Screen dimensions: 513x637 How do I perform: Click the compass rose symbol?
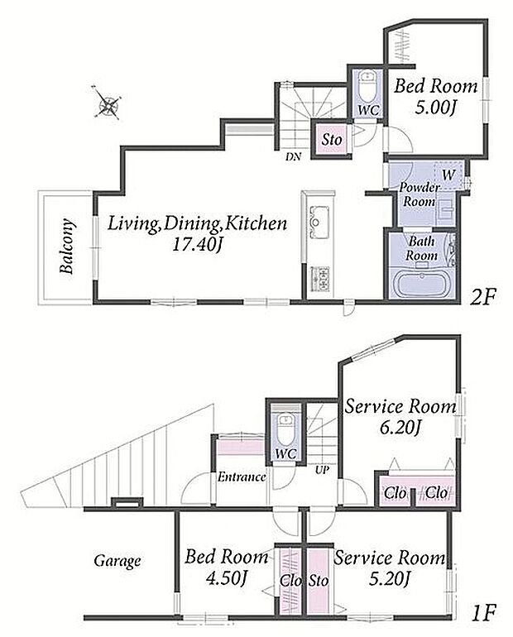(x=107, y=102)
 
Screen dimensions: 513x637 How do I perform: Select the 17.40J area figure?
(x=197, y=245)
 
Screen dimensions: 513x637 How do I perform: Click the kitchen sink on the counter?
(x=319, y=223)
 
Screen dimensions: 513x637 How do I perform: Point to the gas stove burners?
(x=320, y=279)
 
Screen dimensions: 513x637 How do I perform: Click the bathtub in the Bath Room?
(x=423, y=284)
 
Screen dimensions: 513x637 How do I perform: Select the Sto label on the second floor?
(x=332, y=140)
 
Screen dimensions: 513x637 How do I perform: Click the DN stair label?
(x=293, y=156)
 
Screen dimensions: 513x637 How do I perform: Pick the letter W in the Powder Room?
(x=448, y=175)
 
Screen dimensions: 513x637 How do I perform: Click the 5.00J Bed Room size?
(x=435, y=108)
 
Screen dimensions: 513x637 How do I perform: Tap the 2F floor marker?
(x=483, y=297)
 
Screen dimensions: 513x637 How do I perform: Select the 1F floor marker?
(x=484, y=613)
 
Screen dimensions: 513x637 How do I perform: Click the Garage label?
(x=117, y=561)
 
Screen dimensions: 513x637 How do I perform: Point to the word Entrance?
(x=242, y=477)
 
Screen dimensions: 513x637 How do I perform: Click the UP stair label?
(x=322, y=471)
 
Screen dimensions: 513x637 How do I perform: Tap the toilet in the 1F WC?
(x=286, y=429)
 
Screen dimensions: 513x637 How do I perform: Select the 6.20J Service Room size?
(x=400, y=428)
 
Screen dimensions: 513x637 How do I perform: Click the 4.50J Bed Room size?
(x=226, y=578)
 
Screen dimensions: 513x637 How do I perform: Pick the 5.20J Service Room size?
(x=389, y=578)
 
